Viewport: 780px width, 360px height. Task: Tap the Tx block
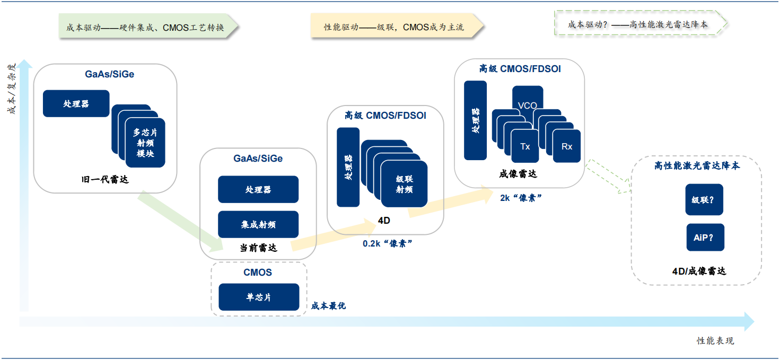525,146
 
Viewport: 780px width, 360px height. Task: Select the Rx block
567,146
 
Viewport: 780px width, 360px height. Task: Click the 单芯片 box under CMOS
259,297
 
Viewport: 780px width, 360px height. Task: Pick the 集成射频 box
258,224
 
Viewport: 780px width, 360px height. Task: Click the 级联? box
704,200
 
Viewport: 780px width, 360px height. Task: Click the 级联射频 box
404,184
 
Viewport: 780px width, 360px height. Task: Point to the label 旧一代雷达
105,179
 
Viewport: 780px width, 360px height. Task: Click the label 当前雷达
258,248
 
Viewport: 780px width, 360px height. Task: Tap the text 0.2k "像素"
388,243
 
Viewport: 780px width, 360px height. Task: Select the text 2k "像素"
520,198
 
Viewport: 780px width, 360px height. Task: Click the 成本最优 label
328,305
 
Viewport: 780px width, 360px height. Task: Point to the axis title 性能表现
715,340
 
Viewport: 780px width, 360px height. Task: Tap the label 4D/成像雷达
699,271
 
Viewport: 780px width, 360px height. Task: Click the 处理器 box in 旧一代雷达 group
76,103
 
